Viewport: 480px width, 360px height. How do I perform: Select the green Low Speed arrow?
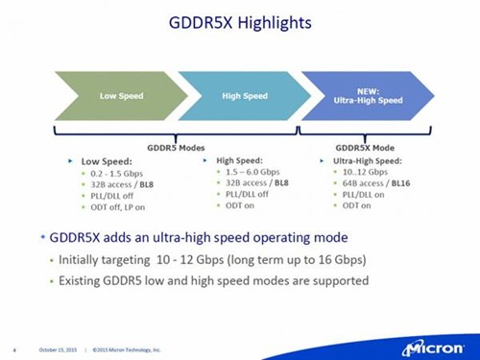point(115,96)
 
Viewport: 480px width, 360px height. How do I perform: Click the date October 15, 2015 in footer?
point(60,348)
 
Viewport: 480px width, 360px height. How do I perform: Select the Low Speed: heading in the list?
point(102,161)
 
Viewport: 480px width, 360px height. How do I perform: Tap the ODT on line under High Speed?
point(240,205)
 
